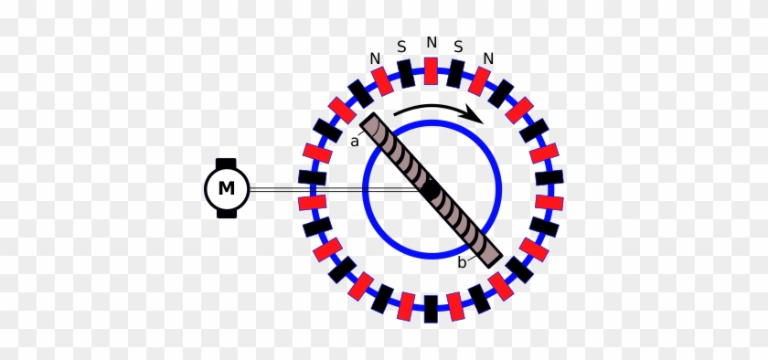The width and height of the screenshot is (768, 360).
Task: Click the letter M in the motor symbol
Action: coord(227,188)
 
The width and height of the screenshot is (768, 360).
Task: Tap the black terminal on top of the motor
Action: coord(226,164)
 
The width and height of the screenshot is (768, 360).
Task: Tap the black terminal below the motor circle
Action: coord(227,213)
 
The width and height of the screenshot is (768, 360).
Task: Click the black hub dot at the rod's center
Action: coord(431,189)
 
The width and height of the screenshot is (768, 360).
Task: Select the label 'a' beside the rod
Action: coord(355,142)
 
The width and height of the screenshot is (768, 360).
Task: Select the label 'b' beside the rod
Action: coord(462,262)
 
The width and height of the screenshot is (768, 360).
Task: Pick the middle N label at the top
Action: coord(431,43)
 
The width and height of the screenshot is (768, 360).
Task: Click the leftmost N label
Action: coord(375,58)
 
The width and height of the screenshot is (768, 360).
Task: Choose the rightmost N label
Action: coord(488,58)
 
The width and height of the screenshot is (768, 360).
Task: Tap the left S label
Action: coord(401,47)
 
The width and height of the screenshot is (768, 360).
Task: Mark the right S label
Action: coord(458,47)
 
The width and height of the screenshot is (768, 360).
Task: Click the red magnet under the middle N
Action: coord(431,71)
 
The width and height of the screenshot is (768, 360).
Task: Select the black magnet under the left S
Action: coord(406,74)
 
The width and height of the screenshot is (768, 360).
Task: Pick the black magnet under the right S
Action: coord(455,74)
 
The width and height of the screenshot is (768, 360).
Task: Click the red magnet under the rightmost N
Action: coord(479,80)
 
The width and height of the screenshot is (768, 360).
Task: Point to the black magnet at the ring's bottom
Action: coord(431,309)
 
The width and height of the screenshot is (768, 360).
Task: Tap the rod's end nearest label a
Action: coord(368,120)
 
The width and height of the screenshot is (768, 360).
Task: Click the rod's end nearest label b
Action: coord(494,260)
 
